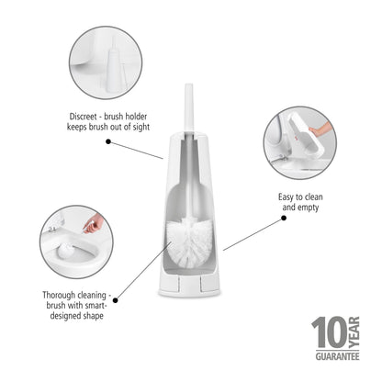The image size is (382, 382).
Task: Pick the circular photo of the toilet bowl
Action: point(78,242)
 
